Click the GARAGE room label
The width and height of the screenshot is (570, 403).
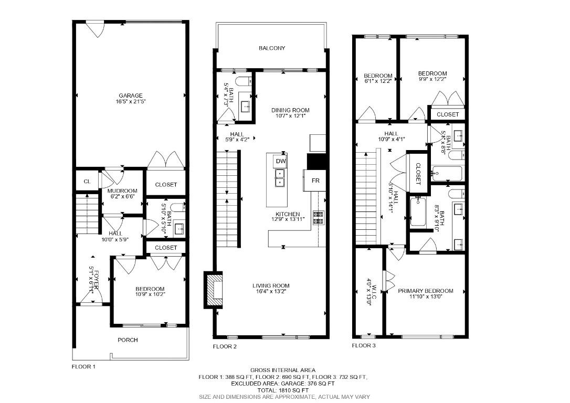click(131, 96)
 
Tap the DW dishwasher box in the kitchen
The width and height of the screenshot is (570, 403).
click(281, 161)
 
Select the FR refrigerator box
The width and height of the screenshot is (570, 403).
click(315, 180)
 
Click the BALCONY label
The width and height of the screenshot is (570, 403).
click(272, 48)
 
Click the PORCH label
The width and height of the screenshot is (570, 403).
click(128, 340)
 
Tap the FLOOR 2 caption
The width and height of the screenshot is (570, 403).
click(225, 347)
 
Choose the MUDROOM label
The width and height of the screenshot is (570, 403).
click(122, 191)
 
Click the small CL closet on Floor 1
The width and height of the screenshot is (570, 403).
click(87, 182)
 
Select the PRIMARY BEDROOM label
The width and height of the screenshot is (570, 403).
click(425, 291)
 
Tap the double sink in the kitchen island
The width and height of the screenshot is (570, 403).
click(280, 178)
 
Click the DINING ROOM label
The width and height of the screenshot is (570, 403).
click(290, 110)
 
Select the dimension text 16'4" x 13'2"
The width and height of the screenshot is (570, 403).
click(271, 291)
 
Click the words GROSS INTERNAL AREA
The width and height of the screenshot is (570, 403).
click(283, 370)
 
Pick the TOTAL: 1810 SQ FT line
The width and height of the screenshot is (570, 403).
click(283, 390)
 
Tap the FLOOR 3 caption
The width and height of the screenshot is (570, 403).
click(364, 346)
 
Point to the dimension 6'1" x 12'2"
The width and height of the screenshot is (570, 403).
click(378, 81)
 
